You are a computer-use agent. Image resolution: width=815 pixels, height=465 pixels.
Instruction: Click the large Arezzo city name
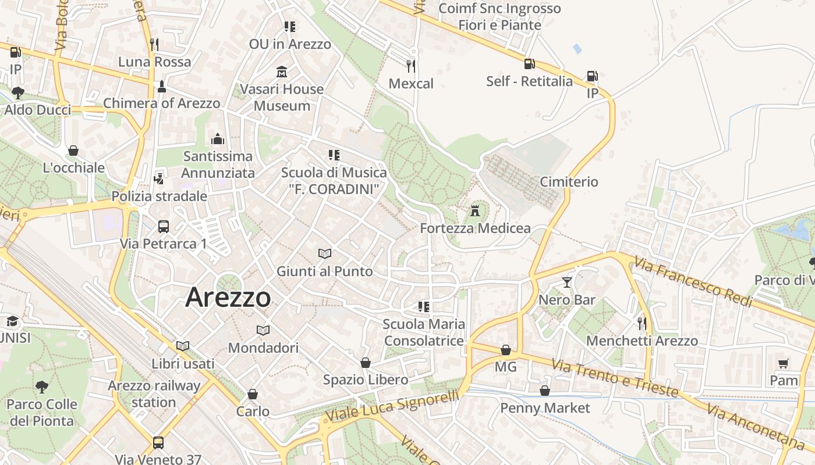pos(228,298)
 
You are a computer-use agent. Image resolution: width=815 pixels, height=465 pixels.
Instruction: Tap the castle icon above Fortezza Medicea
pos(476,210)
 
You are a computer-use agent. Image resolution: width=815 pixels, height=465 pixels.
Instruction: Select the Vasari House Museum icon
pos(282,72)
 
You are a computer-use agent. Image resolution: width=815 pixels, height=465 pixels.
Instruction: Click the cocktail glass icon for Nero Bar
pos(567,283)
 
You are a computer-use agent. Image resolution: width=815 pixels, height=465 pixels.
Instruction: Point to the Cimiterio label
pos(569,182)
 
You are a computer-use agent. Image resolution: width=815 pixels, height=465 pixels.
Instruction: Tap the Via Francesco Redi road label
pos(693,283)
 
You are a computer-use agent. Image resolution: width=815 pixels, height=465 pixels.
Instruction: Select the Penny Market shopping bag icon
pos(545,391)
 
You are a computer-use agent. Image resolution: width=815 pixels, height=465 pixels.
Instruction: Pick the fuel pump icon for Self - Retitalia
pos(529,64)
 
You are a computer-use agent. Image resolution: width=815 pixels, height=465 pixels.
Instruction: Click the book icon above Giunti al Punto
pos(324,253)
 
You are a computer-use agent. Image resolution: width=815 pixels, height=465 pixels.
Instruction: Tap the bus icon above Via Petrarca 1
pos(164,226)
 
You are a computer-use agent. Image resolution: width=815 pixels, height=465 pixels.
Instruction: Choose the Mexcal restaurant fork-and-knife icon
pos(411,66)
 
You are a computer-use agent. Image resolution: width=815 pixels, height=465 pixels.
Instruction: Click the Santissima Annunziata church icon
pos(218,139)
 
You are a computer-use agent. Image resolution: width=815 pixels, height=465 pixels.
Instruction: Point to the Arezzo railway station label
pos(154,394)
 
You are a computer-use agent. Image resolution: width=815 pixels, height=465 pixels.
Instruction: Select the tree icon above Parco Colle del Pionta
pos(41,387)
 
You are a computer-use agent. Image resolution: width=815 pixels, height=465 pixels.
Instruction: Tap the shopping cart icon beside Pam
pos(784,364)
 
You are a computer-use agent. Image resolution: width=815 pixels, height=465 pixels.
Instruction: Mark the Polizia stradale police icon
pos(159,178)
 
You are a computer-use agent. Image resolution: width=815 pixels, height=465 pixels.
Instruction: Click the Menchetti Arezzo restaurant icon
pos(642,323)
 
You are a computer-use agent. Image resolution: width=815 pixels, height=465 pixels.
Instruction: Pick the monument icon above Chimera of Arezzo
pos(161,87)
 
